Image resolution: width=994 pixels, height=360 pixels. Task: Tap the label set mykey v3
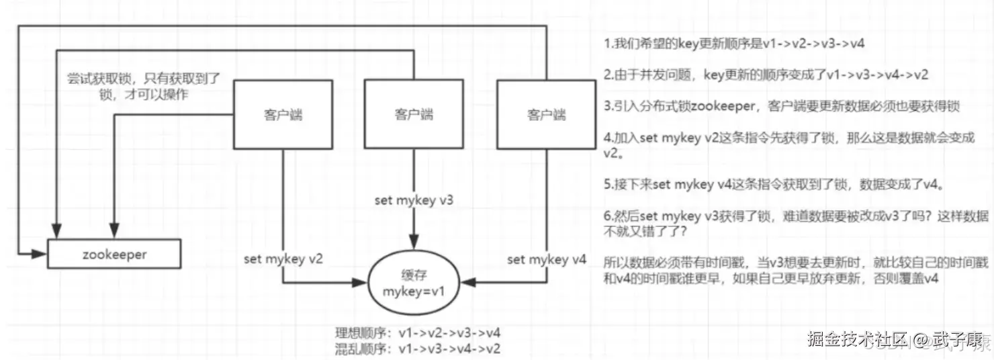pyautogui.click(x=414, y=200)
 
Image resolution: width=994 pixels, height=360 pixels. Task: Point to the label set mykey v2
pyautogui.click(x=283, y=259)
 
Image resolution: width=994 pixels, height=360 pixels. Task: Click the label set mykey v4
pyautogui.click(x=547, y=259)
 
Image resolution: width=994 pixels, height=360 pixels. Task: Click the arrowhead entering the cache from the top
pyautogui.click(x=414, y=242)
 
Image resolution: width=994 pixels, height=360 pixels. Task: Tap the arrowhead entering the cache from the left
pyautogui.click(x=360, y=282)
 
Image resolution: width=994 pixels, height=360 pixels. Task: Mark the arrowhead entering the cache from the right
pyautogui.click(x=468, y=282)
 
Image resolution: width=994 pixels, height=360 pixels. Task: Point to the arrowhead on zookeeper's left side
pyautogui.click(x=39, y=254)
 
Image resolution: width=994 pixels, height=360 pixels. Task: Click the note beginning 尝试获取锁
pyautogui.click(x=144, y=86)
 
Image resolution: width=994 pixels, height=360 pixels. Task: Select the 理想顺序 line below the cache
pyautogui.click(x=418, y=333)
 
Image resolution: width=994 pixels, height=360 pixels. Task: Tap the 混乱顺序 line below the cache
pyautogui.click(x=418, y=349)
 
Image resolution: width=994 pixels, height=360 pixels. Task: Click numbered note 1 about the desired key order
pyautogui.click(x=734, y=44)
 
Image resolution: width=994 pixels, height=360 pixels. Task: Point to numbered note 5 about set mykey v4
pyautogui.click(x=774, y=184)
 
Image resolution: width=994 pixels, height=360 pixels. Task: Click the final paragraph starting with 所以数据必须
pyautogui.click(x=796, y=270)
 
